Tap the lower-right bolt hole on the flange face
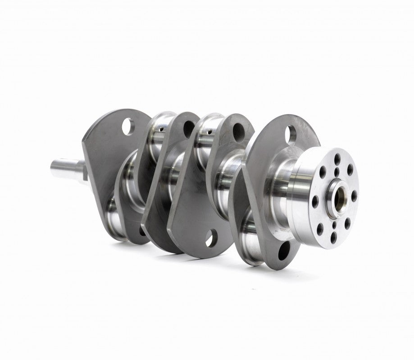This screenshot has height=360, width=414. click(x=347, y=221)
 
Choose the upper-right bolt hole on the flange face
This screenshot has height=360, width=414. click(x=350, y=170)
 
